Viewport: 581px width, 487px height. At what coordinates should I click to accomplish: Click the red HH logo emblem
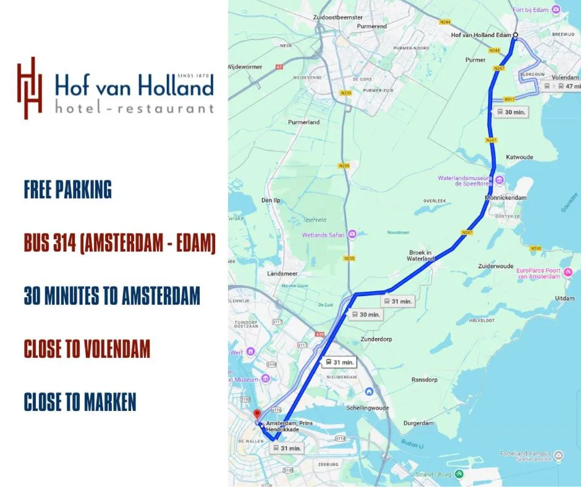pyautogui.click(x=30, y=88)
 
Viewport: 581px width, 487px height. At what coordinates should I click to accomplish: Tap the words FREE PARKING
pyautogui.click(x=68, y=190)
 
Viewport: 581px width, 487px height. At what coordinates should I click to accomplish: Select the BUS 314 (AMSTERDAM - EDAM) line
pyautogui.click(x=119, y=244)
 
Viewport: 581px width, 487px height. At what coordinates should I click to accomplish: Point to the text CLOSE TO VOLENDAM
pyautogui.click(x=87, y=349)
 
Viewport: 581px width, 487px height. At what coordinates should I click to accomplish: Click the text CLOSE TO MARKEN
pyautogui.click(x=80, y=402)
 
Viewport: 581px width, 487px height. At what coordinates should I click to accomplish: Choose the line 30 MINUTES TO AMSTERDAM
pyautogui.click(x=112, y=296)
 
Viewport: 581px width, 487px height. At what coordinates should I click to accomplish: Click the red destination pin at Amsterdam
pyautogui.click(x=257, y=414)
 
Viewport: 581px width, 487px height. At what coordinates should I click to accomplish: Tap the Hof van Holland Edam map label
pyautogui.click(x=481, y=35)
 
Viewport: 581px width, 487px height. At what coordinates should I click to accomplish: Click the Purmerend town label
pyautogui.click(x=373, y=27)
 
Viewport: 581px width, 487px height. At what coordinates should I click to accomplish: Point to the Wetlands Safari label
pyautogui.click(x=324, y=235)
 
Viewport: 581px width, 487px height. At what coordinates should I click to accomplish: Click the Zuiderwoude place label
pyautogui.click(x=496, y=266)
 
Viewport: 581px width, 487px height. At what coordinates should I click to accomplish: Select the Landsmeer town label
pyautogui.click(x=282, y=273)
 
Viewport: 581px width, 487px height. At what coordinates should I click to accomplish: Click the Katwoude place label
pyautogui.click(x=519, y=158)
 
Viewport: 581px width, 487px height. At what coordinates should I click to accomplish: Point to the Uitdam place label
pyautogui.click(x=564, y=299)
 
